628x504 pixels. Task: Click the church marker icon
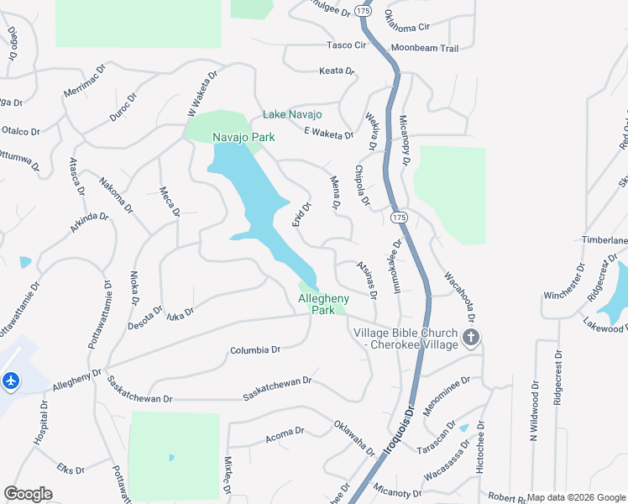pos(471,339)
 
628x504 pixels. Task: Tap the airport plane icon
pos(11,381)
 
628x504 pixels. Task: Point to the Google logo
pos(28,494)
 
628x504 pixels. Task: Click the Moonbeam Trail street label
pos(425,49)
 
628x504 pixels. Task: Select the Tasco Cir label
pos(348,45)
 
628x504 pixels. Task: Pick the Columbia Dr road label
pos(254,349)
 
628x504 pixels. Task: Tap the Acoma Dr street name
pos(284,433)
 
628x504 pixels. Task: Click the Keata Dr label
pos(337,71)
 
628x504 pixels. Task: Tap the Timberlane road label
pos(604,239)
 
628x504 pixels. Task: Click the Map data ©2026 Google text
pos(576,497)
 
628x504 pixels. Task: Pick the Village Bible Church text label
pos(406,339)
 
